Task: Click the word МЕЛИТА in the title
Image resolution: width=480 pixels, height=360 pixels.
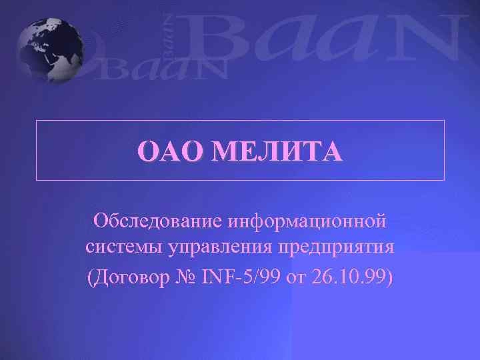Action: tap(277, 151)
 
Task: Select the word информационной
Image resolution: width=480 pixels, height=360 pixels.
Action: tap(307, 219)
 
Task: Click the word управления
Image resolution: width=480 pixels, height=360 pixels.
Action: tap(214, 247)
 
